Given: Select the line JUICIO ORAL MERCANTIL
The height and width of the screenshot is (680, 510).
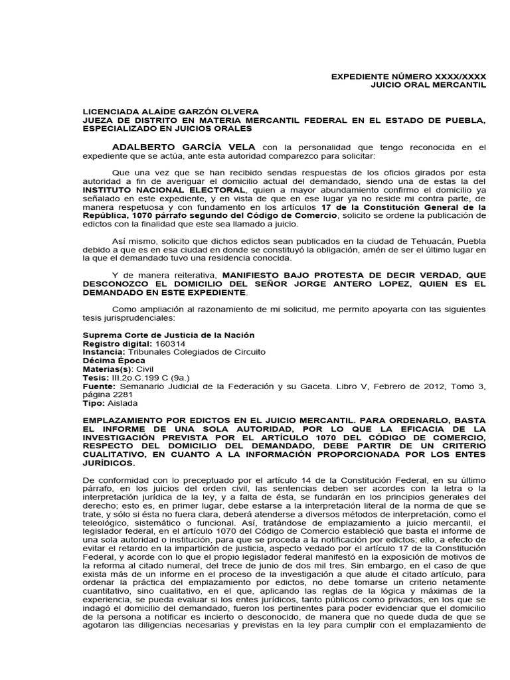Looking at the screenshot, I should click(428, 86).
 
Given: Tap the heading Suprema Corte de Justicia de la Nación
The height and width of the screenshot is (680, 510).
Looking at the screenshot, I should click(168, 335).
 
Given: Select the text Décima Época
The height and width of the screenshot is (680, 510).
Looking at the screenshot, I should click(109, 361).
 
